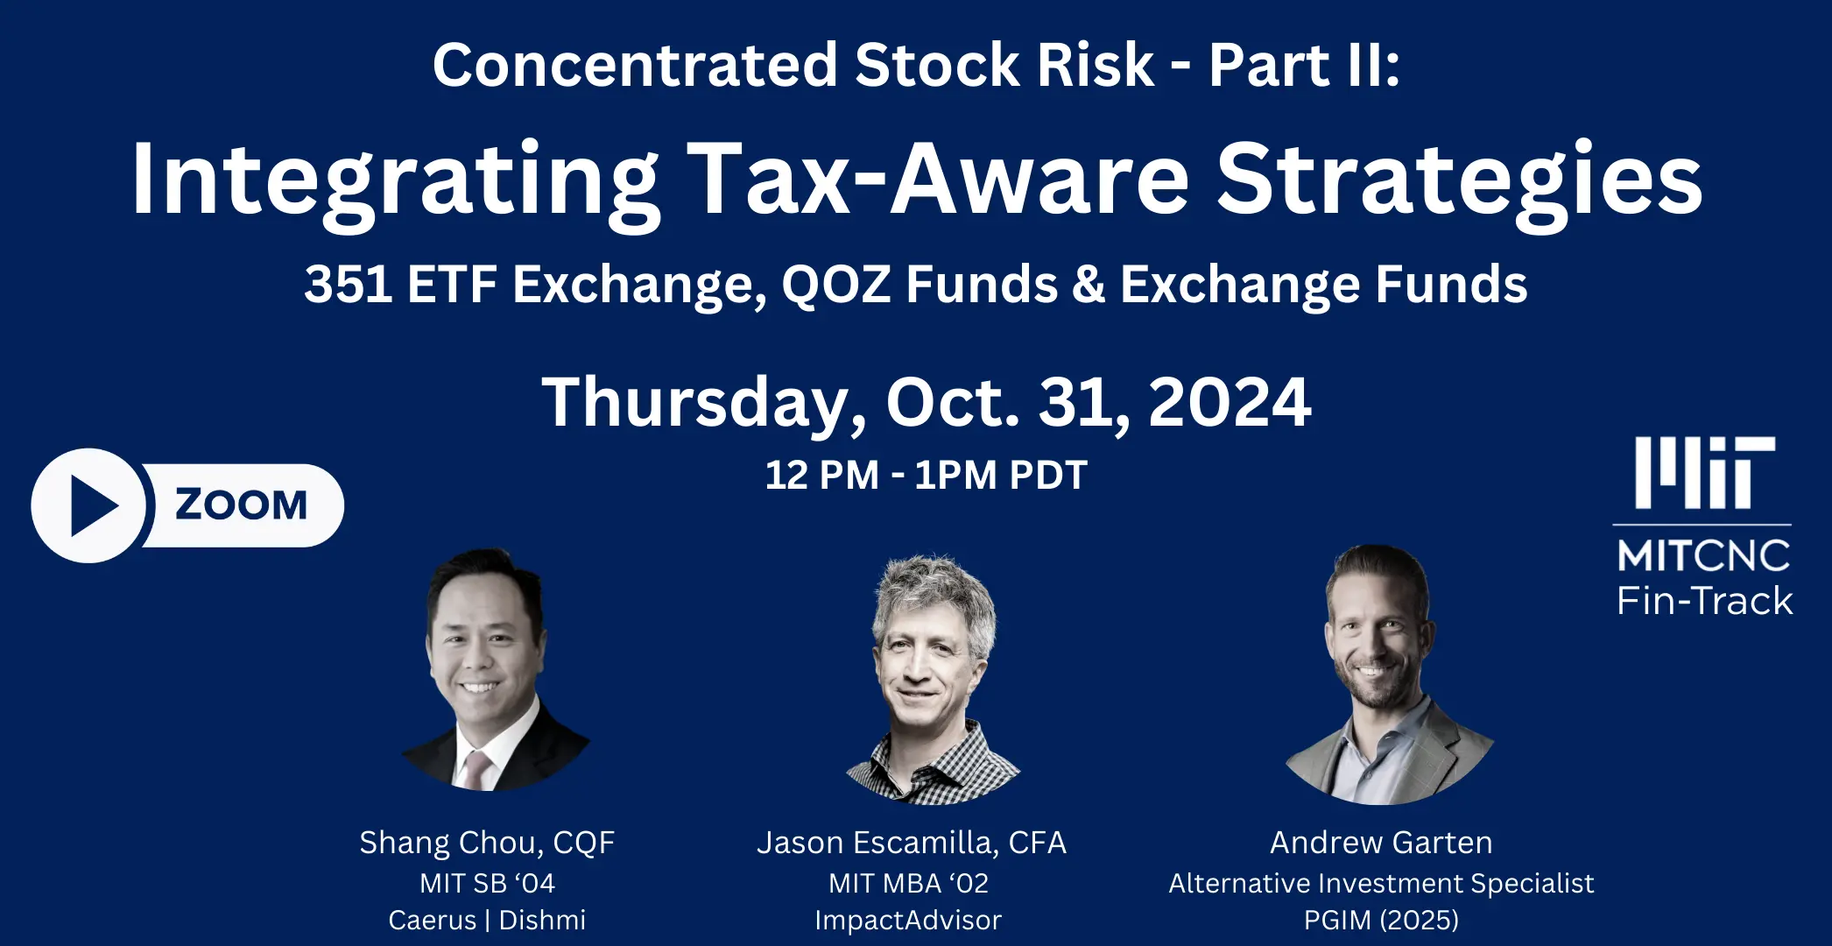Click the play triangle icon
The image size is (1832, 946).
click(92, 506)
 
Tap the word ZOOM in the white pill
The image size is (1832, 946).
click(242, 505)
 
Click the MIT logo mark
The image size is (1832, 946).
click(1704, 473)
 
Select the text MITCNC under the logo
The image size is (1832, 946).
click(1703, 556)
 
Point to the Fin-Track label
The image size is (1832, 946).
click(1704, 601)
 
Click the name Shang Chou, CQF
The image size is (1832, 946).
click(487, 843)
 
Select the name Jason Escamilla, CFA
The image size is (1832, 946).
click(912, 843)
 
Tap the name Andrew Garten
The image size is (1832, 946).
click(1381, 843)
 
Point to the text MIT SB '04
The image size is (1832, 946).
click(487, 883)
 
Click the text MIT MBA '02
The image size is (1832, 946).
click(909, 883)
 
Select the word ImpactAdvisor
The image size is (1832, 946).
click(908, 921)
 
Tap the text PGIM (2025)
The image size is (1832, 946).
click(1381, 921)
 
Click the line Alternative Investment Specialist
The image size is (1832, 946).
click(1381, 884)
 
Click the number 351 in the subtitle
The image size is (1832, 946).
click(348, 285)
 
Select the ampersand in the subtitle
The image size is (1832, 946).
click(1088, 285)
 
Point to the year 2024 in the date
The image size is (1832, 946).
click(1230, 402)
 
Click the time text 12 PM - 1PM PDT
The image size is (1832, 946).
click(926, 476)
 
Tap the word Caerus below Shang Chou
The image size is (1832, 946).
click(433, 921)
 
